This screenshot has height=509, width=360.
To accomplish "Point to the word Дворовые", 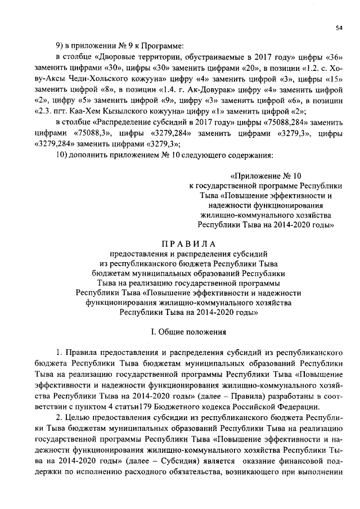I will (x=118, y=57).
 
